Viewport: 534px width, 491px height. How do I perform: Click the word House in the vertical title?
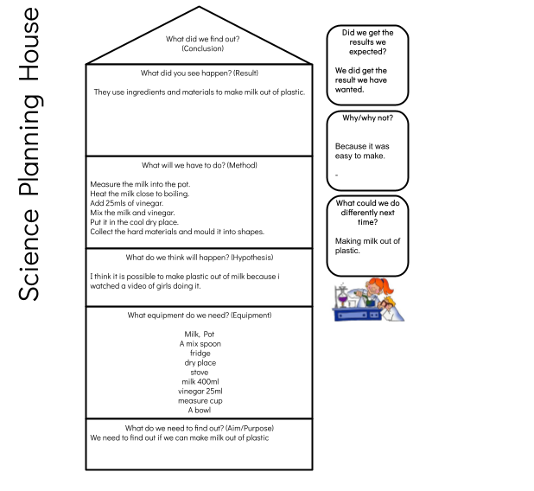click(x=29, y=45)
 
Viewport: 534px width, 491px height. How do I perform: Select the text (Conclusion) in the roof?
click(x=203, y=48)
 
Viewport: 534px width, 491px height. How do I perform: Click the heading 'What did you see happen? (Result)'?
click(x=200, y=73)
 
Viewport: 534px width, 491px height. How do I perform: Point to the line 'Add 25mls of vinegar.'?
click(x=127, y=203)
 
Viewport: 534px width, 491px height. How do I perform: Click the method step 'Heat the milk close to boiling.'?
click(x=140, y=194)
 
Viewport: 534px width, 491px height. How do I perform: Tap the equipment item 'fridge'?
click(x=200, y=353)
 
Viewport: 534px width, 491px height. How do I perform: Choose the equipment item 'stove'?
click(x=200, y=372)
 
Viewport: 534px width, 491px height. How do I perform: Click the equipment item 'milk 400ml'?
click(x=200, y=381)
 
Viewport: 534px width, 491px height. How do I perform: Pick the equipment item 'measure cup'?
click(x=200, y=401)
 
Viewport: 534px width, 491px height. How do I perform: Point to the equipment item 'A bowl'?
click(x=200, y=411)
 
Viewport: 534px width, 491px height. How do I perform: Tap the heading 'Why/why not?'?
click(x=368, y=118)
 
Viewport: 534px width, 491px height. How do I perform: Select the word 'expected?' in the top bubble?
click(x=368, y=52)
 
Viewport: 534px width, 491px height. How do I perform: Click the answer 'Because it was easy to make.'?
click(x=362, y=151)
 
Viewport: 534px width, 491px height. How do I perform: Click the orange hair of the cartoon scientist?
click(x=384, y=285)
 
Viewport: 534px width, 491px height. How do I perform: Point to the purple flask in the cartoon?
click(x=342, y=300)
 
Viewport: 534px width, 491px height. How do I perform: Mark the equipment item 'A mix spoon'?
click(x=200, y=343)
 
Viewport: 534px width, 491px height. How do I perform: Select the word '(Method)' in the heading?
click(x=242, y=165)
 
